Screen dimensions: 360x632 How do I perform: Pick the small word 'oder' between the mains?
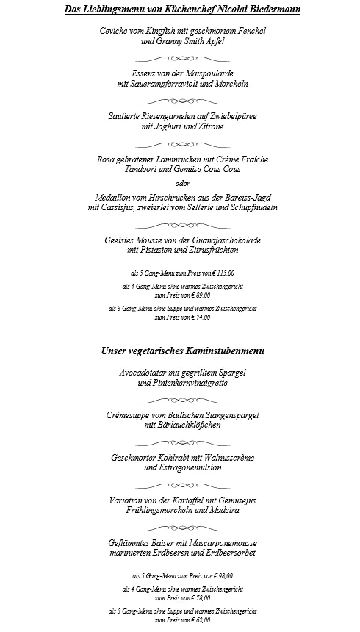182,184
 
